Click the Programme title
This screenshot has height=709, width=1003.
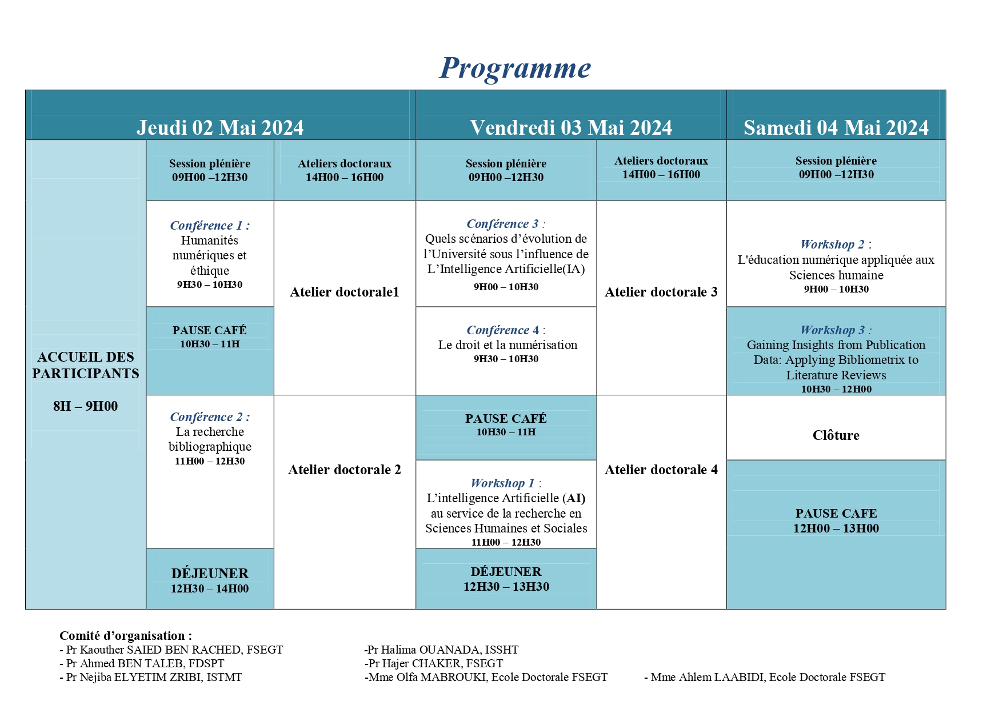click(x=515, y=69)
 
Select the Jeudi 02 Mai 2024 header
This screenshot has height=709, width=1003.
click(x=220, y=127)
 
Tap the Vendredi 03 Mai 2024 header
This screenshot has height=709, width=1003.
click(x=571, y=127)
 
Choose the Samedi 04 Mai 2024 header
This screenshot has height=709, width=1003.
click(x=836, y=127)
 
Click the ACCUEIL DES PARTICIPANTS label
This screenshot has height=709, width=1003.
click(x=86, y=365)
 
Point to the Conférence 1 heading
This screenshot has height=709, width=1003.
click(x=209, y=226)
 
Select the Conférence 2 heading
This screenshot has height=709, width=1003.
click(x=209, y=417)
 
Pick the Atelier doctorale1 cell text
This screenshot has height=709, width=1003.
click(x=344, y=293)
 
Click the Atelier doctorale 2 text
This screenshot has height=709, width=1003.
click(x=344, y=470)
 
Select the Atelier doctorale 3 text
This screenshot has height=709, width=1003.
click(x=661, y=293)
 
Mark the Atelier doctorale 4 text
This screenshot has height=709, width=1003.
click(x=661, y=470)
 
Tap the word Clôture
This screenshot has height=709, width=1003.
click(x=836, y=435)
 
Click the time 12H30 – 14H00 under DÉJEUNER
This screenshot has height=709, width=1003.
click(x=210, y=589)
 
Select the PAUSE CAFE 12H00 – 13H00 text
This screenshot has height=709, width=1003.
click(x=836, y=521)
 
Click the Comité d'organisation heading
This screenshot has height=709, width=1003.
click(x=126, y=636)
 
